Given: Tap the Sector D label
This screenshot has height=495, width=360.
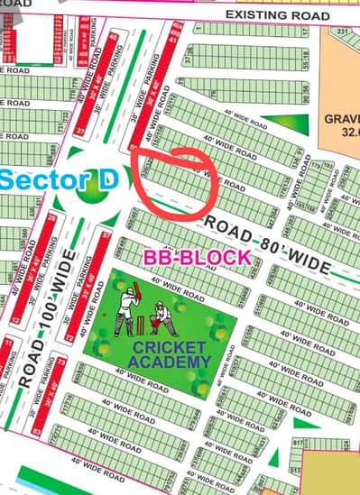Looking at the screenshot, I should point(59,179).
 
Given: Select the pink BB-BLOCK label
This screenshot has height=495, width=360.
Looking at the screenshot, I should point(197,257).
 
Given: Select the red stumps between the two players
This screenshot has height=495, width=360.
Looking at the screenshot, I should point(144,322).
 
